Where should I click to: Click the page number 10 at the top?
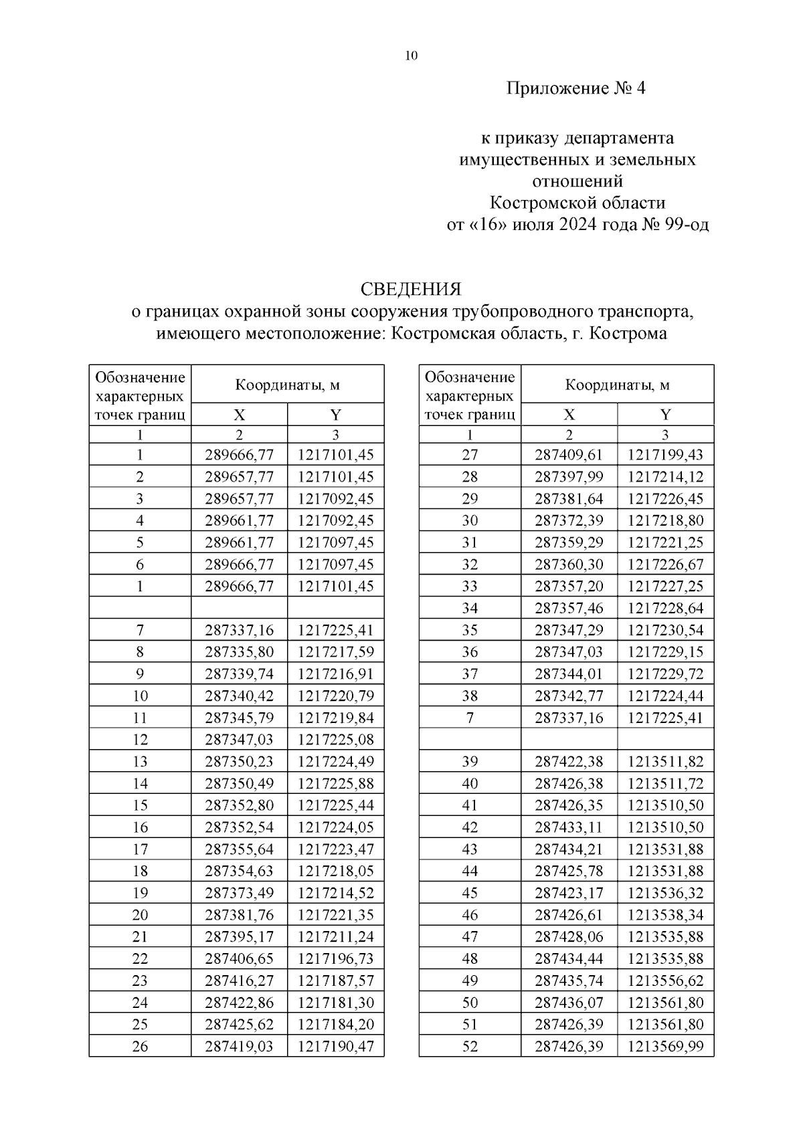(411, 56)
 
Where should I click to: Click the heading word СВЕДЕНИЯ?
(411, 290)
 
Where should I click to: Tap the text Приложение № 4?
(576, 88)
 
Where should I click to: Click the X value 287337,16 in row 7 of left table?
(239, 629)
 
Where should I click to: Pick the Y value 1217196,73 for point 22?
(335, 958)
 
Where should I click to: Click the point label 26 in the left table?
(140, 1046)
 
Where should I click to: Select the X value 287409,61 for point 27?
(569, 455)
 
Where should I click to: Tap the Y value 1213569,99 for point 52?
(665, 1046)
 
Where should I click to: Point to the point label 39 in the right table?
(470, 761)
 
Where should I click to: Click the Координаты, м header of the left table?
(287, 385)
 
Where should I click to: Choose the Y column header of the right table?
(665, 414)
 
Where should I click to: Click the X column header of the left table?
(239, 414)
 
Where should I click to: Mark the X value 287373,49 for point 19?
(239, 893)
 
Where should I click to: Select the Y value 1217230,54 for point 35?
(665, 629)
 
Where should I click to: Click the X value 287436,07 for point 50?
(569, 1003)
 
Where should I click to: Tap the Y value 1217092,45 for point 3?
(335, 498)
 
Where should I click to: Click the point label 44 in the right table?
(470, 871)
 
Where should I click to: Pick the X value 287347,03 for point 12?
(239, 739)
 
